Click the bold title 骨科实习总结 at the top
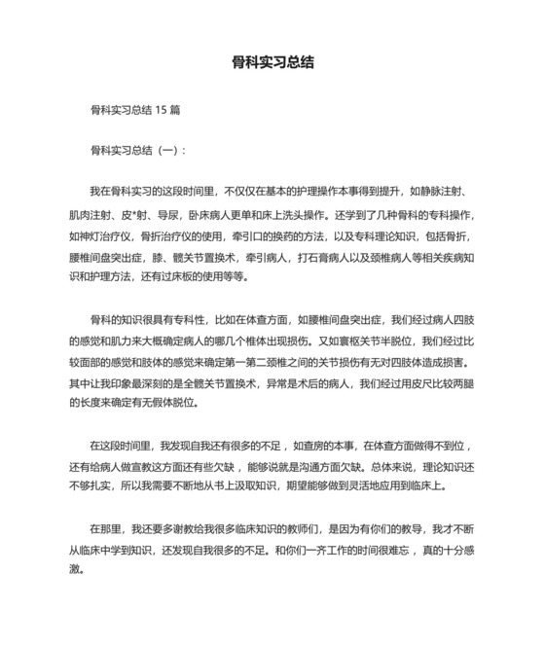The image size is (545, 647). pos(272,61)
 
